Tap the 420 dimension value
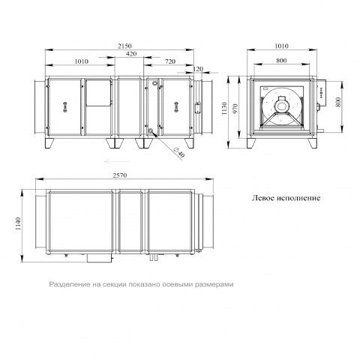pyautogui.click(x=131, y=54)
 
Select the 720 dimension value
pyautogui.click(x=170, y=61)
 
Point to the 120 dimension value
pyautogui.click(x=198, y=69)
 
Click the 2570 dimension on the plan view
pyautogui.click(x=120, y=175)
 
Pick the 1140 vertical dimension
pyautogui.click(x=18, y=224)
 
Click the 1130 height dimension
pyautogui.click(x=224, y=108)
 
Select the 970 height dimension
pyautogui.click(x=235, y=109)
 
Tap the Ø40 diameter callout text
pyautogui.click(x=178, y=152)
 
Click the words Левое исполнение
pyautogui.click(x=286, y=198)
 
